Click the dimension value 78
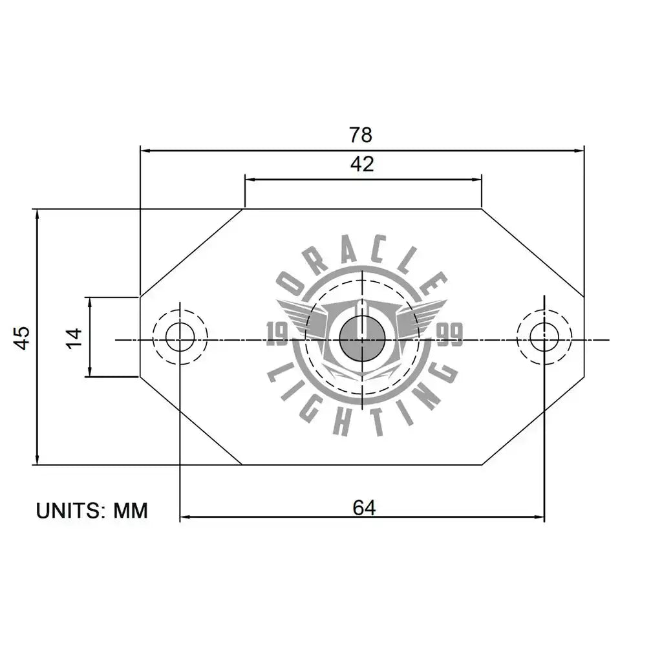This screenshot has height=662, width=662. [361, 135]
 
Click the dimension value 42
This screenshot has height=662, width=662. [362, 164]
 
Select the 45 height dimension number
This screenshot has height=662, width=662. [22, 337]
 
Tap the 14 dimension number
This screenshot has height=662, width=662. [74, 337]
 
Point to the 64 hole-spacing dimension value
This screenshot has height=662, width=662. [364, 508]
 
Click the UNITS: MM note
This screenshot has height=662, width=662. [92, 511]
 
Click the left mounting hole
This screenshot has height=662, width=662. [180, 337]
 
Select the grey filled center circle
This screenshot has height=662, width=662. [362, 339]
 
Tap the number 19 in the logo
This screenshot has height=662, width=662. [277, 334]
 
